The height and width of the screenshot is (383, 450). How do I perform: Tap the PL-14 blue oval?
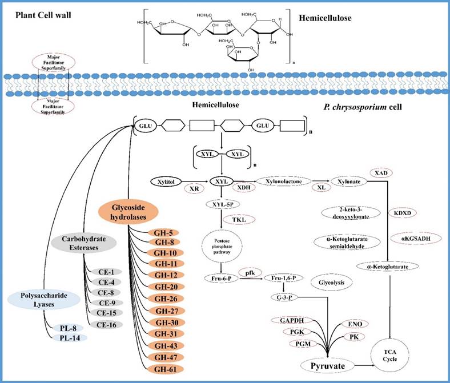(x=67, y=338)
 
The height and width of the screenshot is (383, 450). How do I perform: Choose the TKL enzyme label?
(x=239, y=219)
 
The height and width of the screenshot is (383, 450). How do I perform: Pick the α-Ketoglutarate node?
(x=389, y=265)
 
